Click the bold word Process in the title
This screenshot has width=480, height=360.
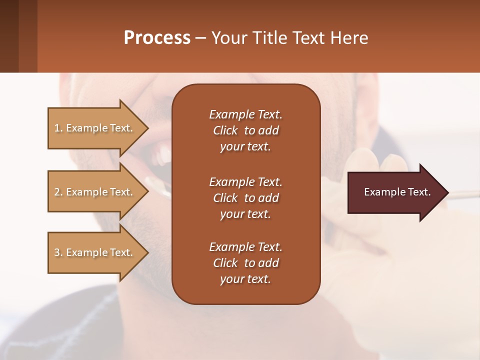(x=157, y=38)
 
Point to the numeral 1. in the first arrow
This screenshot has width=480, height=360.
(x=58, y=128)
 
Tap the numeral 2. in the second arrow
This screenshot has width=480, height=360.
(x=58, y=192)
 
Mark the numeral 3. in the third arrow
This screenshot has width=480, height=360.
(x=58, y=252)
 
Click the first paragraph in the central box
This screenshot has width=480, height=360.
(x=245, y=130)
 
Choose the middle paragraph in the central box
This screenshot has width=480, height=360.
(x=245, y=198)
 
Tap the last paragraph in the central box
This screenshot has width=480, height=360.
(x=245, y=263)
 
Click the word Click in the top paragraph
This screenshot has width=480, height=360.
(x=225, y=130)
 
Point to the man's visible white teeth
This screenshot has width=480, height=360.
(x=163, y=154)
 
